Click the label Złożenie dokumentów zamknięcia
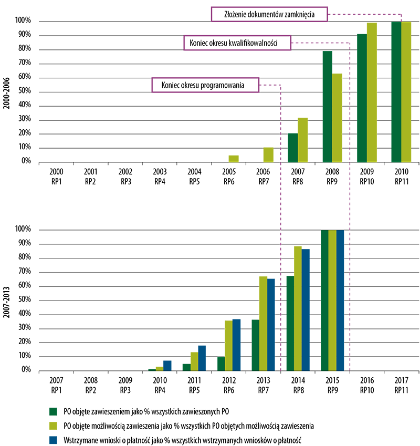(269, 14)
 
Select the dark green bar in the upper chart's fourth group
(326, 108)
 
